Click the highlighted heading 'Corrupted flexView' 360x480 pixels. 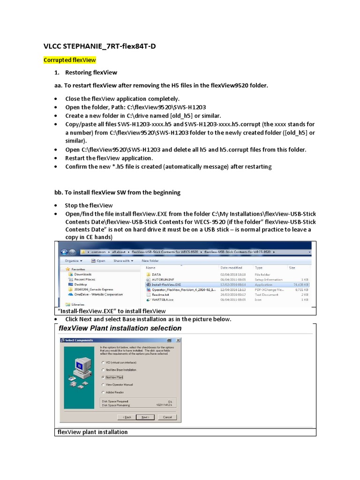pos(69,60)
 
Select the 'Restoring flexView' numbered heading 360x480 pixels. pos(91,73)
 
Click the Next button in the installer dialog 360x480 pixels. pos(145,417)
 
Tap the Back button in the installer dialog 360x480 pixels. pos(127,417)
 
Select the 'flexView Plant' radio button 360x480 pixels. pos(103,376)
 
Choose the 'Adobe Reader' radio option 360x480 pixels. pos(103,392)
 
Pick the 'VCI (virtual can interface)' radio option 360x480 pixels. pos(103,362)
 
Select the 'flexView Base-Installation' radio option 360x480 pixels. pos(103,369)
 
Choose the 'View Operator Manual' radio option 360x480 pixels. pos(103,384)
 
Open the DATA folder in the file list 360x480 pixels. pos(157,274)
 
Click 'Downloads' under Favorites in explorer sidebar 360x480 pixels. pos(82,274)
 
